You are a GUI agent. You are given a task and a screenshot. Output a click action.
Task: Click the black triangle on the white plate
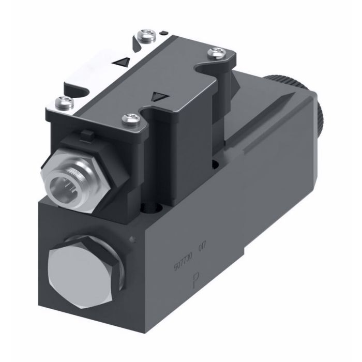[122, 63]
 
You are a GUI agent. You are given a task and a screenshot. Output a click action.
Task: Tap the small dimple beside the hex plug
[134, 238]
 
